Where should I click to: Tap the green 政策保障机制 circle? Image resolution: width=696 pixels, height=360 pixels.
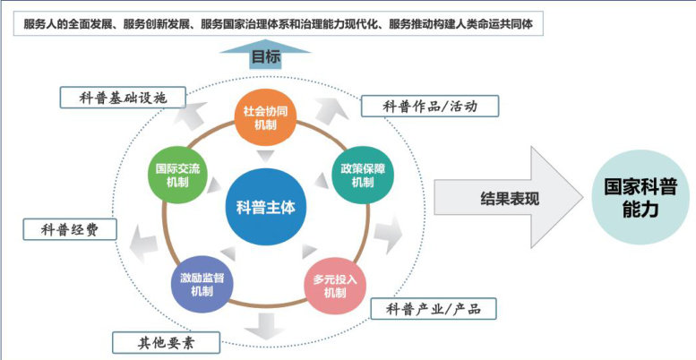tap(362, 176)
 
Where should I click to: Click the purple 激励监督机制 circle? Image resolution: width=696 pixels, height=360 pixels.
tap(202, 285)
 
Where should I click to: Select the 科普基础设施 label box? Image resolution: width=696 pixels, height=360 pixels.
tap(122, 96)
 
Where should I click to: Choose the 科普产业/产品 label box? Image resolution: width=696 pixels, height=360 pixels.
tap(434, 309)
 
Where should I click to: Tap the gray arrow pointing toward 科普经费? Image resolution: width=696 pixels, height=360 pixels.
tap(139, 235)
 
